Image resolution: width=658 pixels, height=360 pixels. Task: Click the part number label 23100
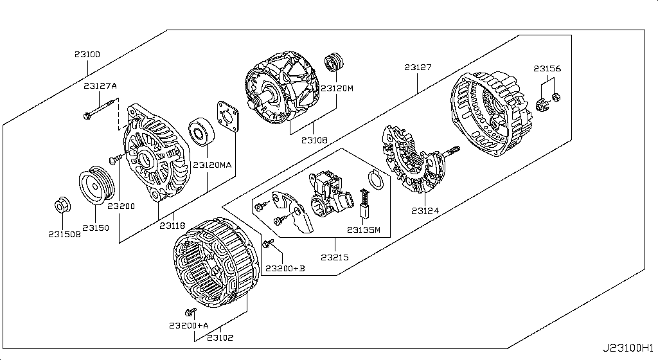tap(87, 55)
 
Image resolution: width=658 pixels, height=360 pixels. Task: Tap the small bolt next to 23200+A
tap(190, 312)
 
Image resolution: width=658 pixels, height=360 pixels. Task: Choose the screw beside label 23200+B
tap(269, 243)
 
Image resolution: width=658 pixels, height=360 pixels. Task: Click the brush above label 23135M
tap(366, 201)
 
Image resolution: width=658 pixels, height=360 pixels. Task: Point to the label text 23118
tap(172, 226)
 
